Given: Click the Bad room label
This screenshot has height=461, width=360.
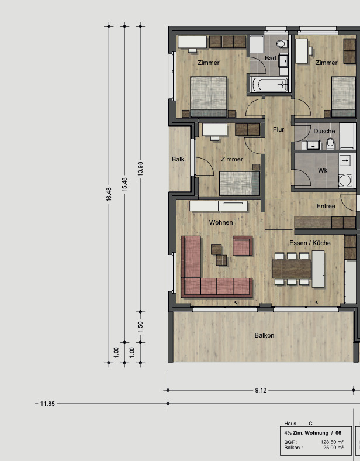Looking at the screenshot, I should (270, 58).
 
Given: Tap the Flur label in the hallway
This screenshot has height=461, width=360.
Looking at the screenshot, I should (278, 129).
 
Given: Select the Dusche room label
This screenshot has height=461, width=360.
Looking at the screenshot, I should (324, 131).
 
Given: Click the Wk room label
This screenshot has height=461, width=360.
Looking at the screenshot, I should (323, 170).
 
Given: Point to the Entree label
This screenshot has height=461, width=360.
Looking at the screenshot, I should (326, 206).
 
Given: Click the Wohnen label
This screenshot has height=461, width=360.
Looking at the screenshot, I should (221, 222).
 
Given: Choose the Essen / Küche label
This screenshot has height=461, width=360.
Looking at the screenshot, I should (310, 243).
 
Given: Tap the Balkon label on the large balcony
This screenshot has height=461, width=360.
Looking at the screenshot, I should (264, 335).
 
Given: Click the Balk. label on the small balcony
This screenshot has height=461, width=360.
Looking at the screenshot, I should (178, 159).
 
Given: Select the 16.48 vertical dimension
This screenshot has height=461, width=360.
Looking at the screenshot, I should (109, 195).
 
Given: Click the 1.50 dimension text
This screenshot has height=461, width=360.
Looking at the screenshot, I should (140, 326).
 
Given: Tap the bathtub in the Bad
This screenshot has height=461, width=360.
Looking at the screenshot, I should (269, 84).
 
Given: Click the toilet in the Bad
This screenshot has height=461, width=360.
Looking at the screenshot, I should (281, 44).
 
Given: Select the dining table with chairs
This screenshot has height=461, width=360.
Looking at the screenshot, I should (292, 269).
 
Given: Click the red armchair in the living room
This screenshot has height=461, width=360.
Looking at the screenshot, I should (243, 246).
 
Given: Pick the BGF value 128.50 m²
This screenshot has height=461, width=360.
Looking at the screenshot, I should (332, 442).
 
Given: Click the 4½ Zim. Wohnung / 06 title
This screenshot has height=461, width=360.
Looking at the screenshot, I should (313, 432).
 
